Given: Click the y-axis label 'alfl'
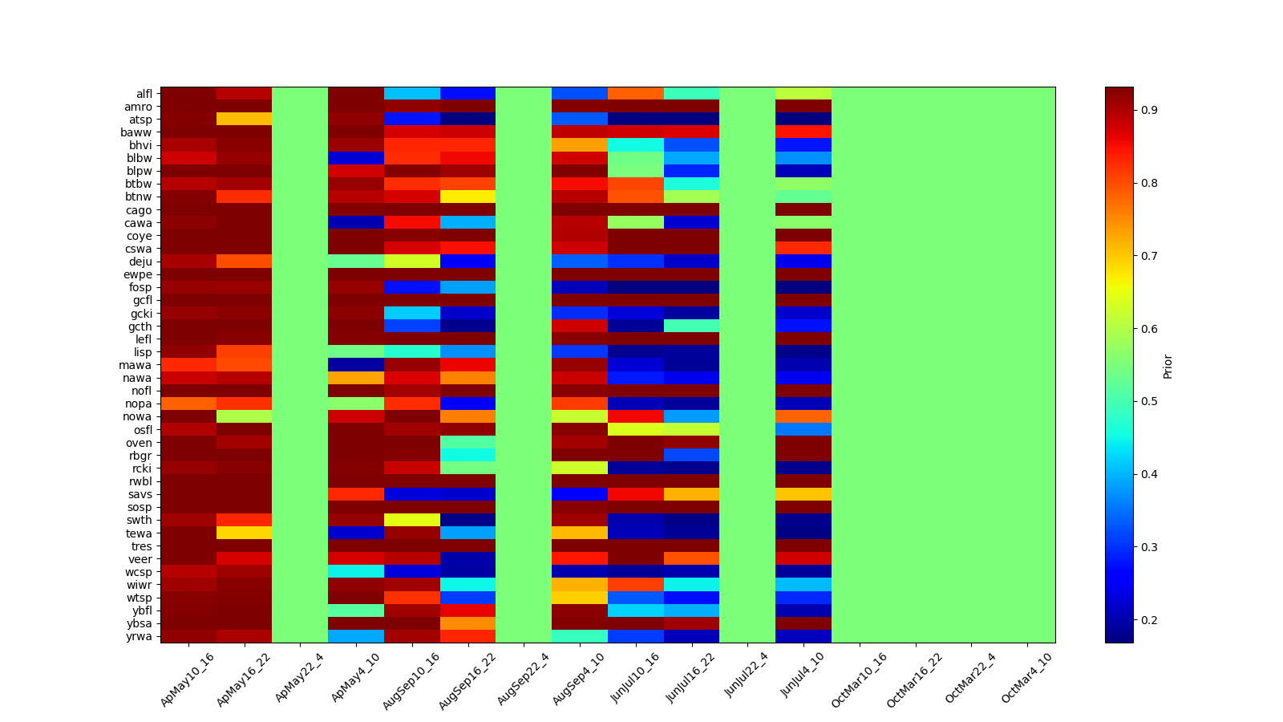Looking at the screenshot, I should point(144,94).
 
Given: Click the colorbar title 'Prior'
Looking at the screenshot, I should point(1168,366).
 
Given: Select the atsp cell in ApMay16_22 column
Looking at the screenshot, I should point(244,120).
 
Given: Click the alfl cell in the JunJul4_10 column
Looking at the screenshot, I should point(803,94).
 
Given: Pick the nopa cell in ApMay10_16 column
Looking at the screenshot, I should point(188,404).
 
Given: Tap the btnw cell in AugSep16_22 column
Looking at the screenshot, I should point(467,197).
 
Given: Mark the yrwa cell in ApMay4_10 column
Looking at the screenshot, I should point(356,636).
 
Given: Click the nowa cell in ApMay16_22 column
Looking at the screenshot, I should point(244,416).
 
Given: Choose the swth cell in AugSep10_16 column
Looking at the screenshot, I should point(412,520).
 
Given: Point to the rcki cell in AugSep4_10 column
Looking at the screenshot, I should point(580,468).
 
